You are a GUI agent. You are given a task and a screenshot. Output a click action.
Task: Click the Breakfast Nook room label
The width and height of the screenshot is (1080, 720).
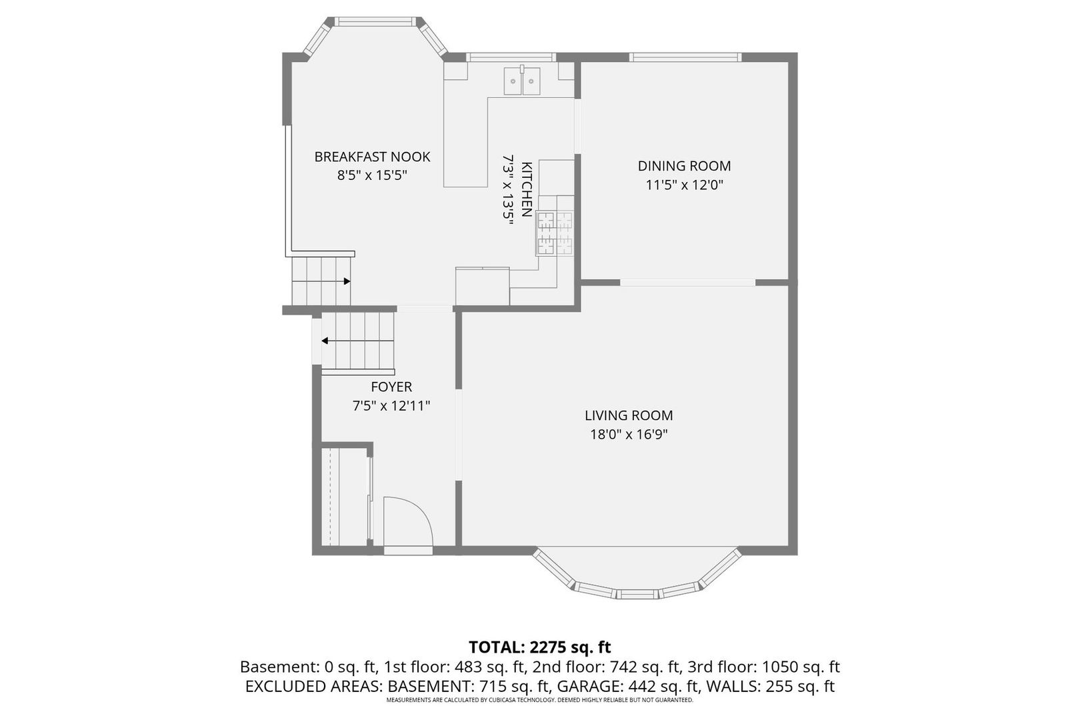(372, 157)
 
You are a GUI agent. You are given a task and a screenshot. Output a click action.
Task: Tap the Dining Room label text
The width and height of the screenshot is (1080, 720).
(684, 166)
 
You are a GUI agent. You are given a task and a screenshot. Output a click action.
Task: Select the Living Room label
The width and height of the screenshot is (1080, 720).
(629, 415)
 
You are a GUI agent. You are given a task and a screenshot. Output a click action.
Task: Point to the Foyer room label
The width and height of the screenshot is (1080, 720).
(391, 387)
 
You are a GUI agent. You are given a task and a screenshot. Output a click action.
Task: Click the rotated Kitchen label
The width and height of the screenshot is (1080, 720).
(527, 189)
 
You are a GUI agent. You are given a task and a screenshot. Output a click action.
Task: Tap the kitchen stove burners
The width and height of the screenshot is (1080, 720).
(555, 233)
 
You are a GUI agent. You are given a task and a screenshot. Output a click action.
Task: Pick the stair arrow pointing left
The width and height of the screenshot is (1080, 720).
(358, 341)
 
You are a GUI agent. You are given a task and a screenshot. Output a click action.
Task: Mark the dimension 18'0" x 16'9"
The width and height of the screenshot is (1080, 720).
(629, 435)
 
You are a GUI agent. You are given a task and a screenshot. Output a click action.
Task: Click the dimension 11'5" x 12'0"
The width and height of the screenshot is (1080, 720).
(685, 185)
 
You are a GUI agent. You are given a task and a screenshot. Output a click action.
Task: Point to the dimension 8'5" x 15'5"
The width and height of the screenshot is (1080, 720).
(372, 175)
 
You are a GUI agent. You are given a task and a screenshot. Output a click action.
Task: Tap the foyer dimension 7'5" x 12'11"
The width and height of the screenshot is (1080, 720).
(391, 405)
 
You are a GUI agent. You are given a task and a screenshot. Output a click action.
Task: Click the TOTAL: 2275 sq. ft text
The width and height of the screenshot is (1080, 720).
(540, 647)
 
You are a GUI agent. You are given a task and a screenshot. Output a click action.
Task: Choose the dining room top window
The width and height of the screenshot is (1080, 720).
(685, 57)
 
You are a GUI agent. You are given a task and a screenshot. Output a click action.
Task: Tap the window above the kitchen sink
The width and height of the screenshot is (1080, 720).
(511, 57)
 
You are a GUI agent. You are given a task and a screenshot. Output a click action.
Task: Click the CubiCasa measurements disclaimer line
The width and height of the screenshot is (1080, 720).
(540, 700)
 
